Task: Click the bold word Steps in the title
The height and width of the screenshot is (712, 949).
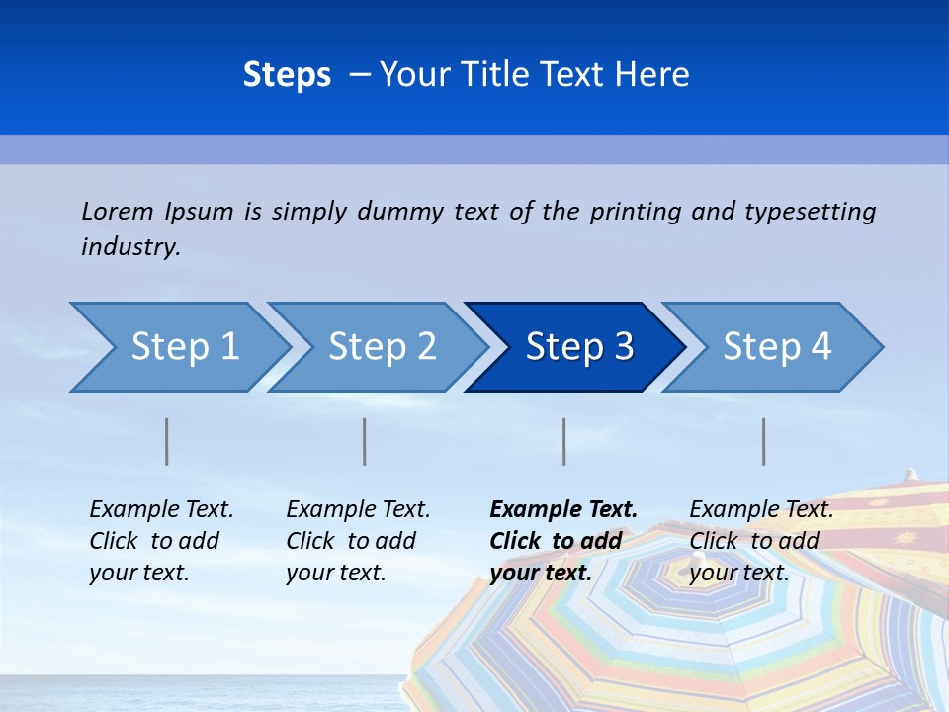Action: pyautogui.click(x=287, y=75)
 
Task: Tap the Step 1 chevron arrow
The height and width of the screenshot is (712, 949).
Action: pyautogui.click(x=184, y=347)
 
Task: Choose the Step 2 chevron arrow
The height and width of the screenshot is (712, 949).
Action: pyautogui.click(x=382, y=347)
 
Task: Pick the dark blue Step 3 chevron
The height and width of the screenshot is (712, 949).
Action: pyautogui.click(x=579, y=347)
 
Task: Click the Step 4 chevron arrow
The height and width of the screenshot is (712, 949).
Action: pyautogui.click(x=777, y=347)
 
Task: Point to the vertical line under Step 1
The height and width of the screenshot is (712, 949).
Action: pyautogui.click(x=167, y=441)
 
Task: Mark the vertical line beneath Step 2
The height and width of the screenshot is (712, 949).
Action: pyautogui.click(x=365, y=441)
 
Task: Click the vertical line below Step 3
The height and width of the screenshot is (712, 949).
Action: pyautogui.click(x=564, y=441)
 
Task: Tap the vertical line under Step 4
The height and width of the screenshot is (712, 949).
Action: pyautogui.click(x=764, y=441)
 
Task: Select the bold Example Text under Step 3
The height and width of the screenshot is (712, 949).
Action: pyautogui.click(x=561, y=541)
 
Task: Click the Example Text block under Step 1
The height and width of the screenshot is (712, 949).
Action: pyautogui.click(x=160, y=541)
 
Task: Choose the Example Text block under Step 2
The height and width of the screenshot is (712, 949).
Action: pyautogui.click(x=357, y=541)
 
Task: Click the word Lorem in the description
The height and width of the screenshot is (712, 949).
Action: pyautogui.click(x=118, y=212)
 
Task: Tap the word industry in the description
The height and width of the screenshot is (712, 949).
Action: pyautogui.click(x=129, y=247)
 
